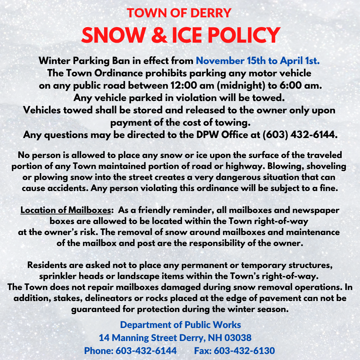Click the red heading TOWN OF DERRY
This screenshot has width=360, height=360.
coord(179,13)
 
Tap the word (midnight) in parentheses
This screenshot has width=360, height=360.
coord(249,85)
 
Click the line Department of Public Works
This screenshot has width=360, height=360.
coord(180,325)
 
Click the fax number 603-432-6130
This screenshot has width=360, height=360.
coord(244,351)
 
